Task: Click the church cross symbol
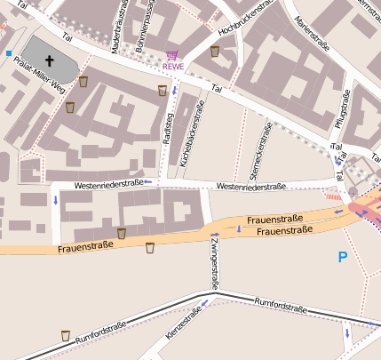pyautogui.click(x=50, y=61)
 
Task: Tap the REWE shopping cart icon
pyautogui.click(x=171, y=55)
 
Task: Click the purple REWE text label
pyautogui.click(x=172, y=67)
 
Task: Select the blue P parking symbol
pyautogui.click(x=343, y=258)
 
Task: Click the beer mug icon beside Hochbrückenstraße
pyautogui.click(x=215, y=52)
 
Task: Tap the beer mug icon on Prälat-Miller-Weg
pyautogui.click(x=83, y=82)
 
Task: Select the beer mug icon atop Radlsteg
pyautogui.click(x=162, y=91)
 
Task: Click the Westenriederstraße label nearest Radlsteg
pyautogui.click(x=109, y=183)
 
